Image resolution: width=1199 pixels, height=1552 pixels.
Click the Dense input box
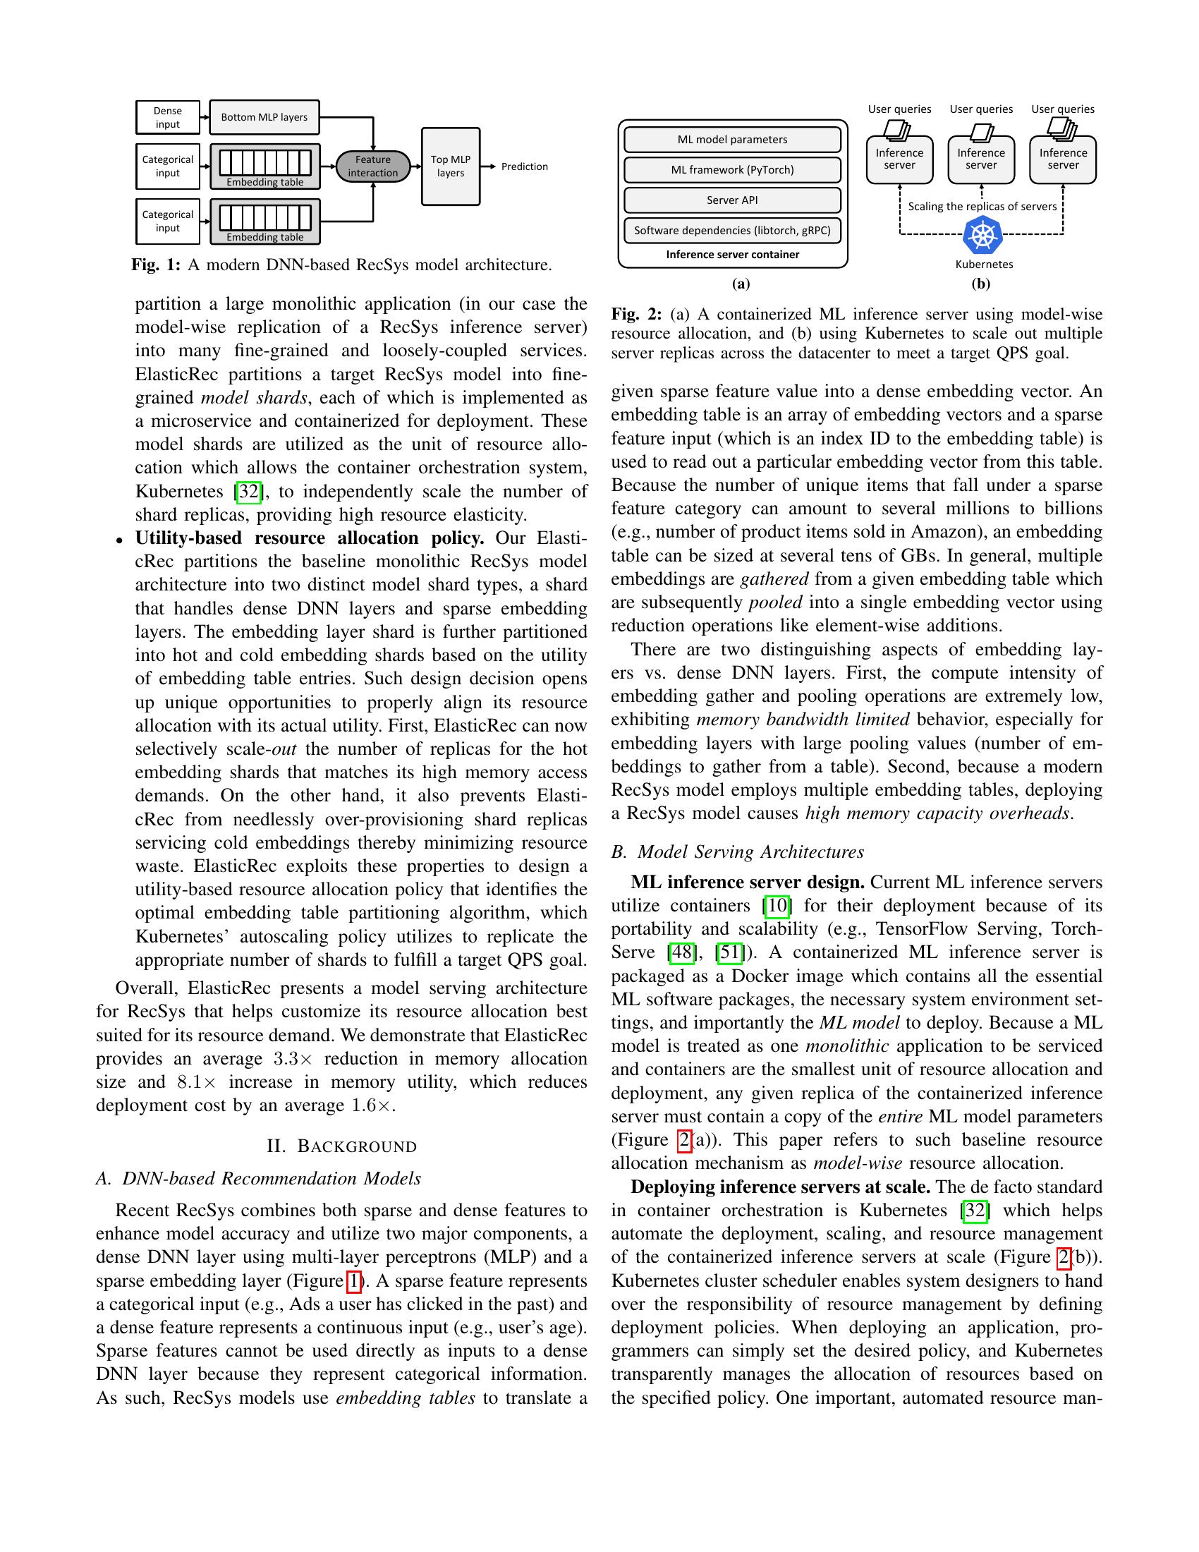(168, 117)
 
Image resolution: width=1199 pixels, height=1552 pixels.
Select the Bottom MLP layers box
(264, 117)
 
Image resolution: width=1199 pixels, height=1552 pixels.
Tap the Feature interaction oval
(373, 166)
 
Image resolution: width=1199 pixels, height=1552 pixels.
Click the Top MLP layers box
(451, 166)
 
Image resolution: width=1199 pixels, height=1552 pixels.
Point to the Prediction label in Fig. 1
(524, 166)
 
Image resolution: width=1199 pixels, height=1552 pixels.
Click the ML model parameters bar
(732, 139)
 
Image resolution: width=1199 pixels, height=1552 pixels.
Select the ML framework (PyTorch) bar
(732, 170)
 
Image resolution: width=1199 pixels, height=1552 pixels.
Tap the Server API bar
(732, 200)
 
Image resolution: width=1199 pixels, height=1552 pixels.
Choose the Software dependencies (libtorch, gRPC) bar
(732, 230)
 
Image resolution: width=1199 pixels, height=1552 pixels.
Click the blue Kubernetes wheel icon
(983, 235)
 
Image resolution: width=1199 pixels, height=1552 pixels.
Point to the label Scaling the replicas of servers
(982, 207)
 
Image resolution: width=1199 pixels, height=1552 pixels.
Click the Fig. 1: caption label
(156, 265)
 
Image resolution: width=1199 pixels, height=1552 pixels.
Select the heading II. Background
(341, 1146)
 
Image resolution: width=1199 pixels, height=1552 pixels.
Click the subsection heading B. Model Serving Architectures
(737, 851)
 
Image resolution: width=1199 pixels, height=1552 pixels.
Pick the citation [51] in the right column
(731, 952)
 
